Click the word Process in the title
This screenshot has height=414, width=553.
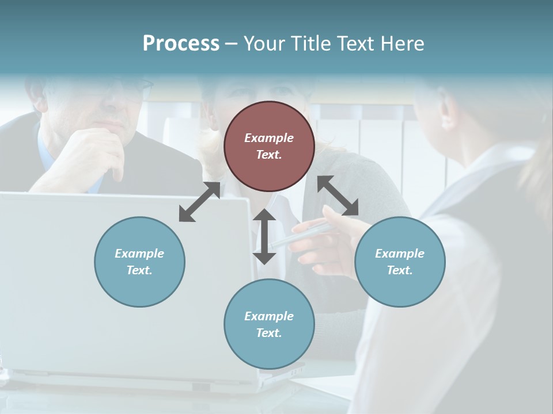[x=181, y=44]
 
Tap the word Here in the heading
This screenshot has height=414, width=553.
[x=401, y=44]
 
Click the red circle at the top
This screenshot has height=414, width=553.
[x=269, y=147]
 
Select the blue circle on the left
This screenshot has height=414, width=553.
[x=139, y=262]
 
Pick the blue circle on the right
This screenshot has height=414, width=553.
[x=400, y=262]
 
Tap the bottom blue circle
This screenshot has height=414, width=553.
[x=269, y=324]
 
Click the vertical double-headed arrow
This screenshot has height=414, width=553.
[x=264, y=236]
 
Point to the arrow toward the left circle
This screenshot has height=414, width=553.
[x=199, y=201]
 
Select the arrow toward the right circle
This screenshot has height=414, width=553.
[x=338, y=195]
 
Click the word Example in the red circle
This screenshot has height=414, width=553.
[x=269, y=138]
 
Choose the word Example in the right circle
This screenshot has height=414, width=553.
[x=400, y=254]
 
